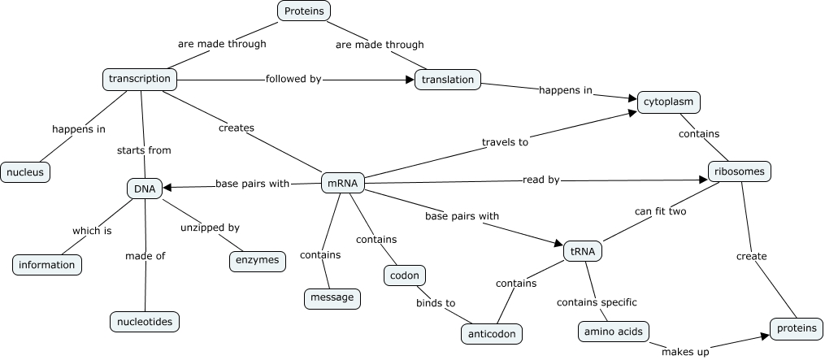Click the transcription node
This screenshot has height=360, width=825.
point(140,79)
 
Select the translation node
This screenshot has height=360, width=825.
point(448,80)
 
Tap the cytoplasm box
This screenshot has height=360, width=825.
point(668,102)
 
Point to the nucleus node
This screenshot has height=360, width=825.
point(25,172)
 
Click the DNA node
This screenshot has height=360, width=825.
point(145,189)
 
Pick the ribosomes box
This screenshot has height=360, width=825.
point(738,172)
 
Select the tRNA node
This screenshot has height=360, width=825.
point(583,251)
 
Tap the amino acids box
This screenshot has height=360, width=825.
point(614,332)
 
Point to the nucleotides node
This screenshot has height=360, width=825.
point(144,322)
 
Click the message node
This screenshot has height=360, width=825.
point(332,297)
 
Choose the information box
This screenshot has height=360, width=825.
point(47,264)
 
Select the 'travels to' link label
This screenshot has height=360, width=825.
point(505,142)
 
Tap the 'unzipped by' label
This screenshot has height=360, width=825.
point(211,228)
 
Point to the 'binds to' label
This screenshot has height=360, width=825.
point(436,303)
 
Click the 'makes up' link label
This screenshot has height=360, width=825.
point(684,351)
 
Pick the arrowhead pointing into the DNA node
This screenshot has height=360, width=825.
point(167,188)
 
